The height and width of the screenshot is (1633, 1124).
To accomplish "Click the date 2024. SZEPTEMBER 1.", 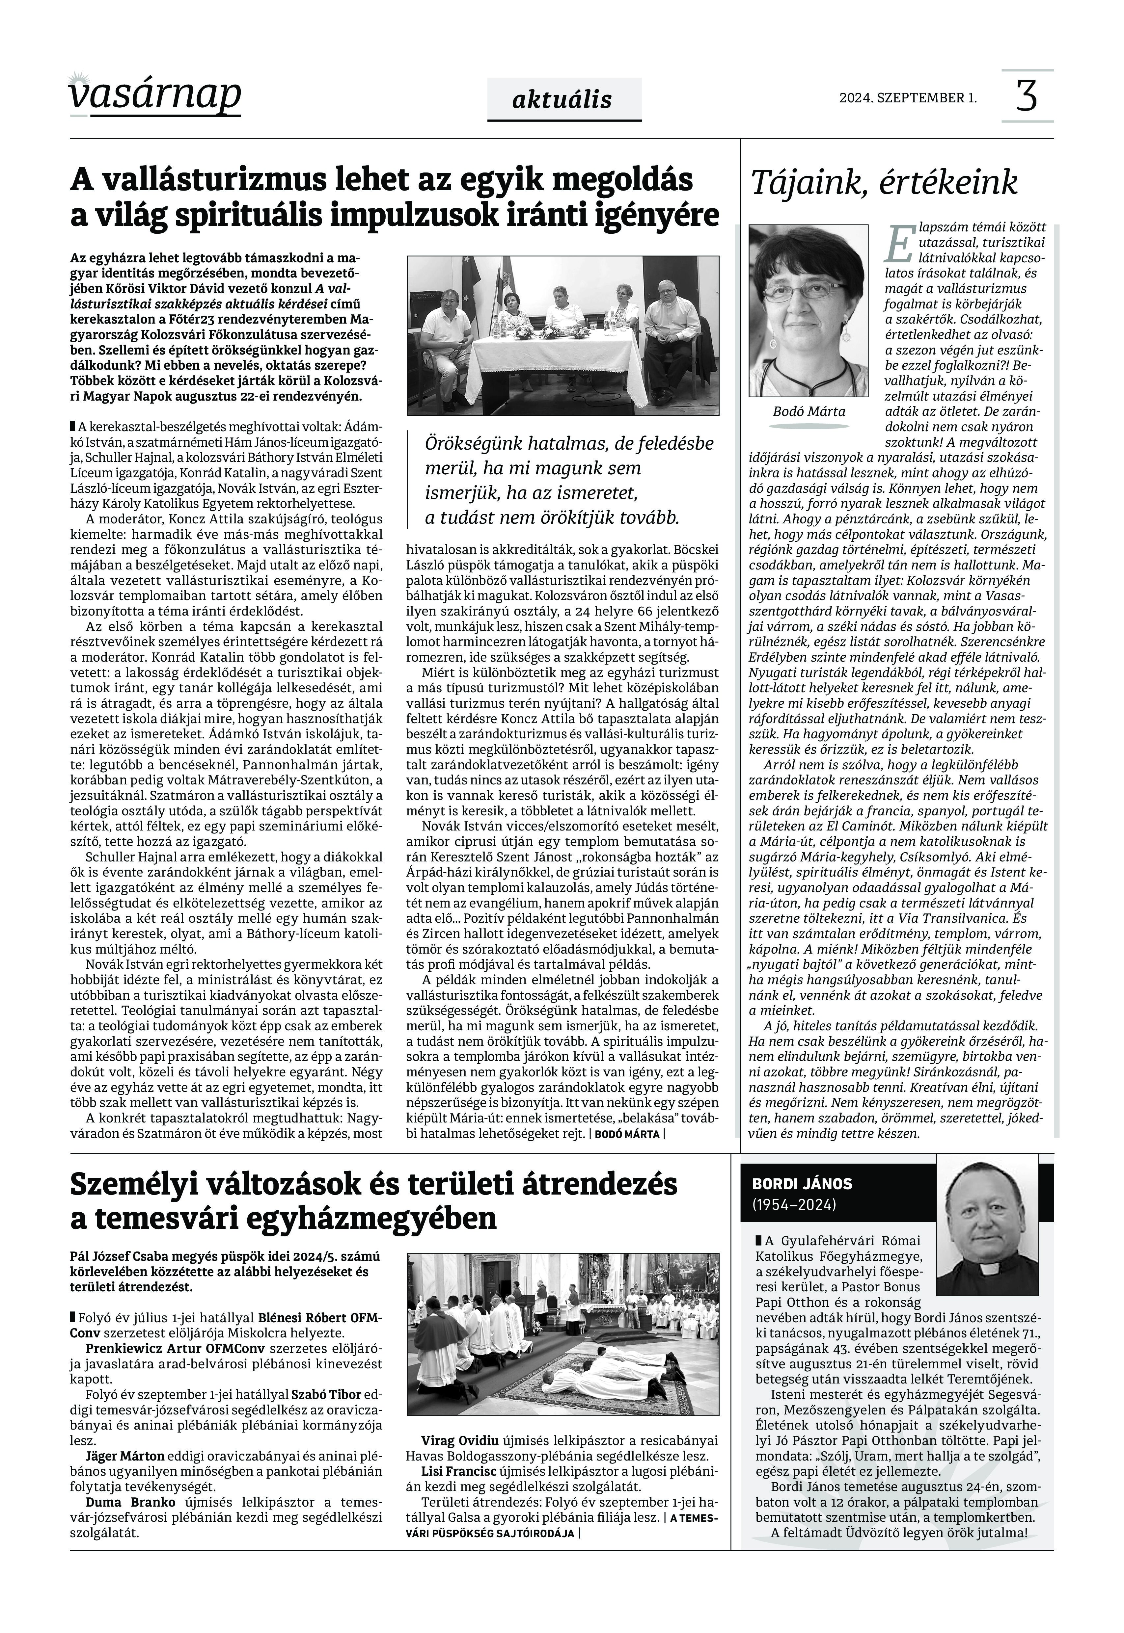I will coord(908,98).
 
